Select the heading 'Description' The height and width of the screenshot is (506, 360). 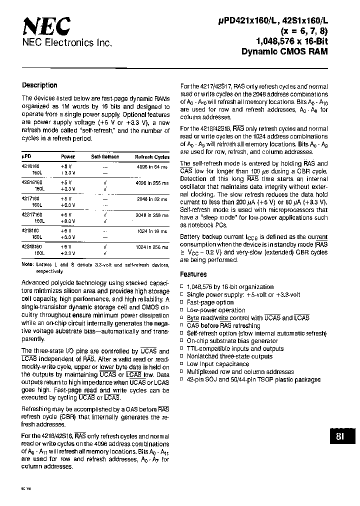[x=40, y=85]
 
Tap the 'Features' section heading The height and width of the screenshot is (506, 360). [x=193, y=274]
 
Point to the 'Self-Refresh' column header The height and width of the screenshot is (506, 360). [x=105, y=156]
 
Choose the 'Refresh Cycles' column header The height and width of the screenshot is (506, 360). [x=152, y=156]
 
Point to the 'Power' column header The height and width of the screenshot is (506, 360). [x=68, y=156]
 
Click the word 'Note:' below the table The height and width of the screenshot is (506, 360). [x=27, y=265]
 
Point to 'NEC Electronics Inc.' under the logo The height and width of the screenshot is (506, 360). [x=66, y=43]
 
